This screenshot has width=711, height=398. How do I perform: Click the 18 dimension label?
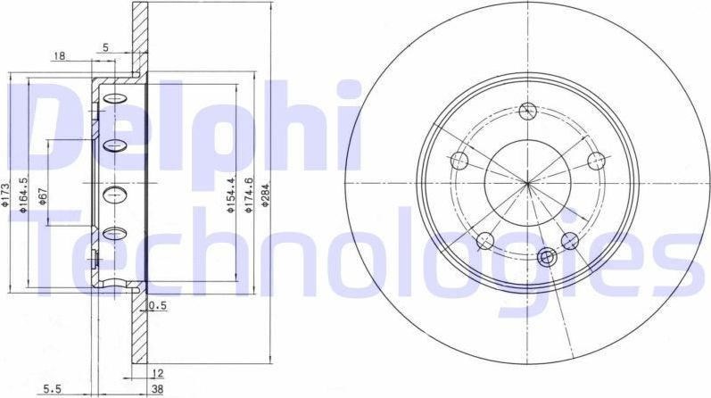[x=60, y=56]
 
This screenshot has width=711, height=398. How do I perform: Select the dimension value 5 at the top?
[x=105, y=47]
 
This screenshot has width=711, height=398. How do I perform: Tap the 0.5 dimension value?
[x=159, y=306]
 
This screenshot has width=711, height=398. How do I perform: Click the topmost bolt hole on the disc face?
[x=527, y=111]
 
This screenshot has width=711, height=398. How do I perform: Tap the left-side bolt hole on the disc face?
[x=459, y=162]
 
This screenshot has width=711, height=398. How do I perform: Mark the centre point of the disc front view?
[x=528, y=184]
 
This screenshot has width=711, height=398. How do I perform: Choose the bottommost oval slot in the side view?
[x=114, y=235]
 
